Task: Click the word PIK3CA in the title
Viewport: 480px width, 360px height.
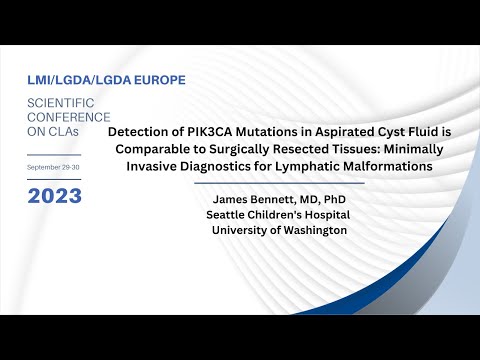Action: click(201, 131)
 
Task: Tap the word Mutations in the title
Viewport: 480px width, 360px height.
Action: click(263, 131)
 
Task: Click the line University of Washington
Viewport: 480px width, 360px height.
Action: click(278, 230)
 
